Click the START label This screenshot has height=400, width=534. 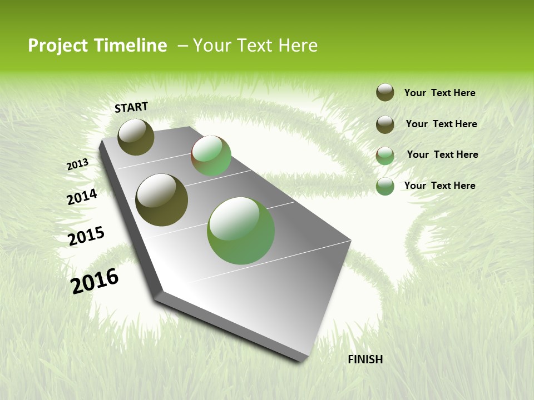131,107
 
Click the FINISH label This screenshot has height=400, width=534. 365,359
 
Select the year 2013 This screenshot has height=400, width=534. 78,164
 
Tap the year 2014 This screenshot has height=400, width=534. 82,197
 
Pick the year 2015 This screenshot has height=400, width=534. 86,236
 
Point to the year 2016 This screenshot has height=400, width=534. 95,281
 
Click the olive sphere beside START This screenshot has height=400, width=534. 136,137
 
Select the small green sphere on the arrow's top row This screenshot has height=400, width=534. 211,156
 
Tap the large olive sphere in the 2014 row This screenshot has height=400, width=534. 161,200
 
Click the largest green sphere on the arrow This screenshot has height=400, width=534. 241,231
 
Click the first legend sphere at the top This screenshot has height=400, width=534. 385,92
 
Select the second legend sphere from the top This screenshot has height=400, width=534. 385,124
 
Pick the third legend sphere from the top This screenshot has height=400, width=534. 385,156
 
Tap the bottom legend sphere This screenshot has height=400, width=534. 385,187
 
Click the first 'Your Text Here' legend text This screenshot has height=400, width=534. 439,93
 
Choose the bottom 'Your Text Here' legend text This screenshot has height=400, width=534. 439,186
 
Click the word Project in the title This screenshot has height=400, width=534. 57,46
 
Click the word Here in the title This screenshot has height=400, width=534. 298,46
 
